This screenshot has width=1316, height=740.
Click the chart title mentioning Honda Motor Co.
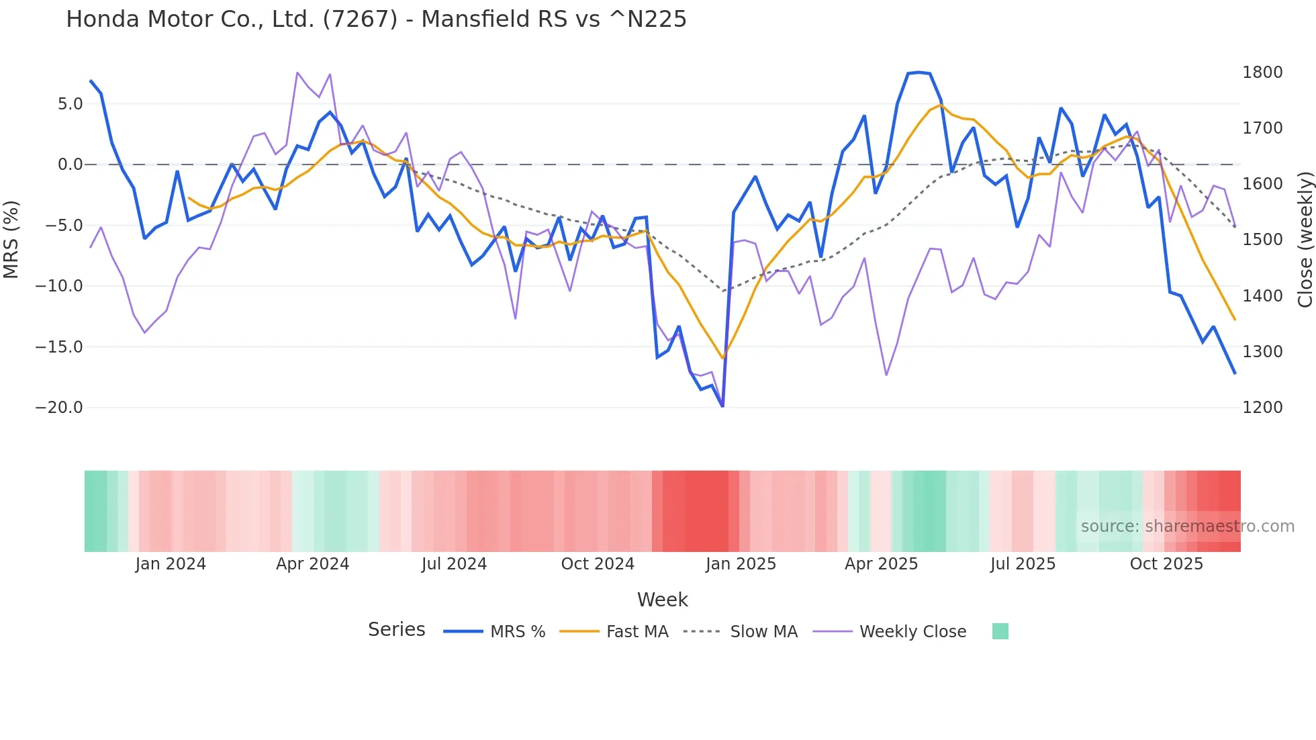[x=376, y=19]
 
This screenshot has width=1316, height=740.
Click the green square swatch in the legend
[x=1000, y=631]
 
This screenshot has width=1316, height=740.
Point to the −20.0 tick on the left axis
[x=59, y=408]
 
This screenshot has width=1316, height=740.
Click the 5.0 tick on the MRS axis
[x=70, y=104]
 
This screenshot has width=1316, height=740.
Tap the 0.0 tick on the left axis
[x=70, y=165]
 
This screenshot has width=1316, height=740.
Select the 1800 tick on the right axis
[x=1262, y=73]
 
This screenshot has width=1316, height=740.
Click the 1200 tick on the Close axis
[x=1262, y=408]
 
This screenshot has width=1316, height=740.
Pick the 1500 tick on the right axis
[x=1262, y=240]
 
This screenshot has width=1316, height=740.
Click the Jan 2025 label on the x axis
[x=741, y=564]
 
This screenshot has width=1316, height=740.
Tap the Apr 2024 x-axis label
[x=312, y=564]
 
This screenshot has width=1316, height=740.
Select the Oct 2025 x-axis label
[x=1166, y=564]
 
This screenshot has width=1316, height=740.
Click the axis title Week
[x=662, y=600]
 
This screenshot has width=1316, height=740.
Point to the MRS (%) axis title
[x=11, y=239]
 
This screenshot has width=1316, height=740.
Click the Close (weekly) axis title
[x=1305, y=239]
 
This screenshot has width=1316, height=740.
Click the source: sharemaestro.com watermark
[x=1187, y=526]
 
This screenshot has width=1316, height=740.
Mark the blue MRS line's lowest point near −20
[x=722, y=406]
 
